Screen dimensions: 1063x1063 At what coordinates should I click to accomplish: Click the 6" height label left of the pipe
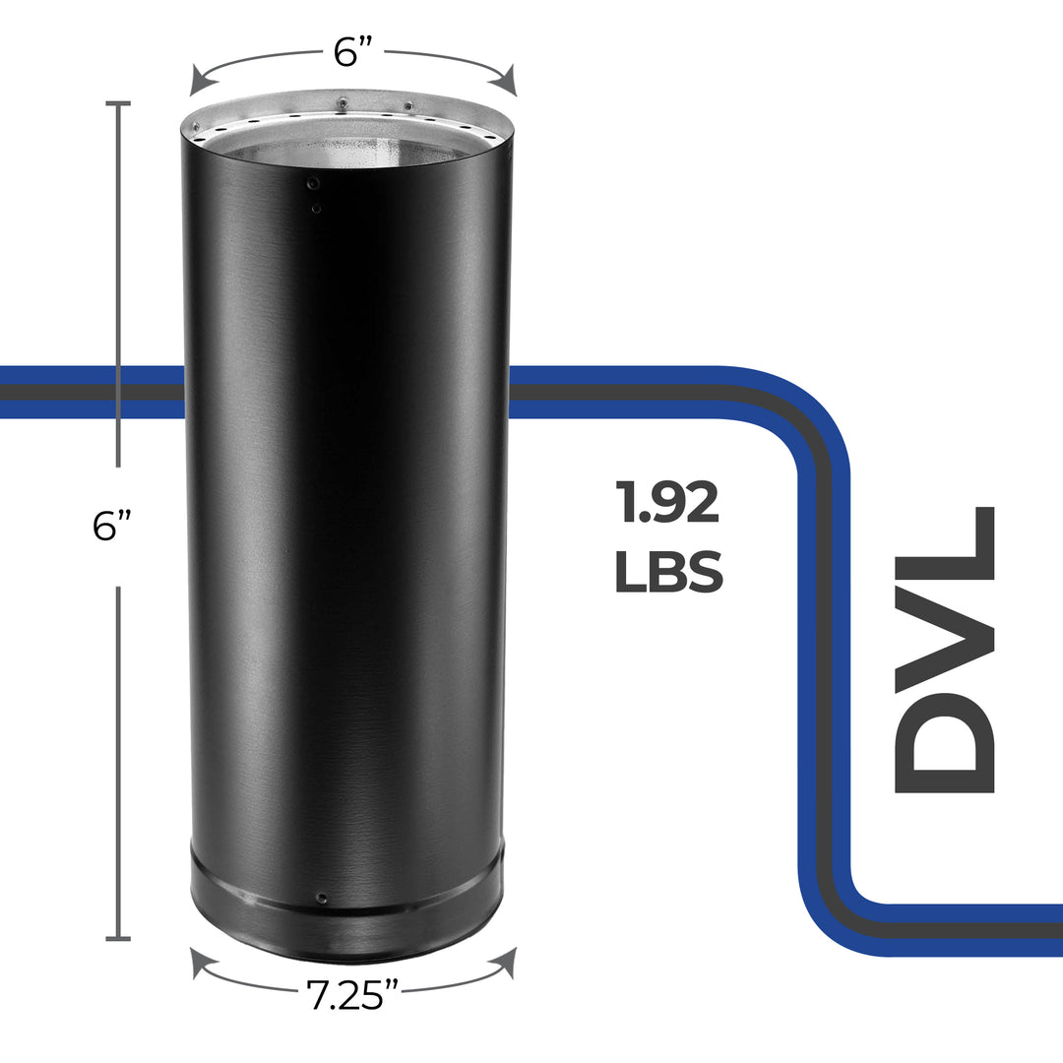(x=112, y=527)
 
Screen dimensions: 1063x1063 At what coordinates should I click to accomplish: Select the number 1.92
(x=667, y=502)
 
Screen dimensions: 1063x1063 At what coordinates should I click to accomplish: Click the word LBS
(x=668, y=572)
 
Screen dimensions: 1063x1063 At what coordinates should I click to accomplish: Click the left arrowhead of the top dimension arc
(x=197, y=78)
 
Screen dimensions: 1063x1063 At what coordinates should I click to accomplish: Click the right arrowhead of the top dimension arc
(x=508, y=78)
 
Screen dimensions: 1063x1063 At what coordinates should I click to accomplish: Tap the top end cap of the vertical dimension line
(x=118, y=102)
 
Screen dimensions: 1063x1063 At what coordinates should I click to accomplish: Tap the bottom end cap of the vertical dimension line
(x=118, y=938)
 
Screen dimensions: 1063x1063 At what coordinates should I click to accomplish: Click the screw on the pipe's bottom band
(x=321, y=898)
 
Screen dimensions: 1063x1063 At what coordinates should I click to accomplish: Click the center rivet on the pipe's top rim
(x=342, y=102)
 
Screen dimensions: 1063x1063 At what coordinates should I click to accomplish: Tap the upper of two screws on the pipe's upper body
(x=313, y=183)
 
